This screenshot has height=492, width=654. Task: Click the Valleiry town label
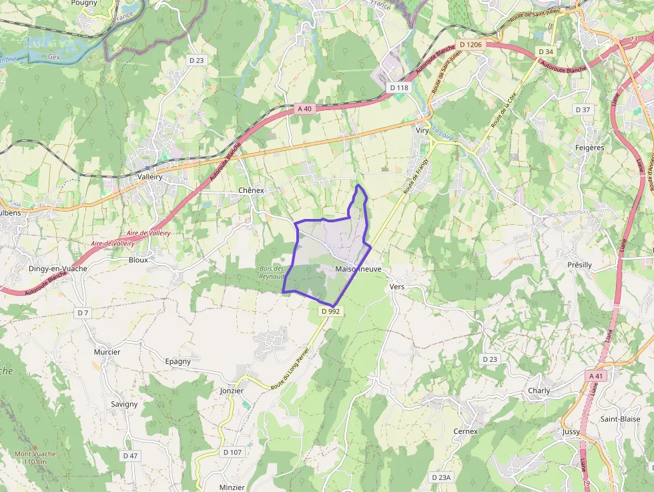pos(149,177)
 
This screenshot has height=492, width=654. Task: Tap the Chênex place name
pos(252,190)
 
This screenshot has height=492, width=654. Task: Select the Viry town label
pos(422,130)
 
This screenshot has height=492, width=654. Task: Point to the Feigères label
pos(589,148)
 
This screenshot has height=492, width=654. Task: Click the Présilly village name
pos(579,265)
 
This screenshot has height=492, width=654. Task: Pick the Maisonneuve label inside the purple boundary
pos(358,269)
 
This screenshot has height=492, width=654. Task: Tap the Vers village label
pos(396,286)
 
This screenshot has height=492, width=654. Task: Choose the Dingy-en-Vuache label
pos(57,268)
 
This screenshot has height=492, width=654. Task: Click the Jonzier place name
pos(232,391)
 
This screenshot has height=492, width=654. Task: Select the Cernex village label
pos(466,431)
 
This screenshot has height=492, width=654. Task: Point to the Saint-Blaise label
pos(620,419)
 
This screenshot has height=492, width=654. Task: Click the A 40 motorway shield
pos(304,108)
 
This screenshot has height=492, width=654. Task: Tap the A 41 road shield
pos(597,377)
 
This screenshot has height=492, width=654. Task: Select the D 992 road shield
pos(330,311)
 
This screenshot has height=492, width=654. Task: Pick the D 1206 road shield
pos(470,45)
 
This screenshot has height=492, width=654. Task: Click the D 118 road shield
pos(398,87)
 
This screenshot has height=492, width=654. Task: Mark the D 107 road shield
pos(232,452)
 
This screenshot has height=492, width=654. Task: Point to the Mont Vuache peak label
pos(35,457)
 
